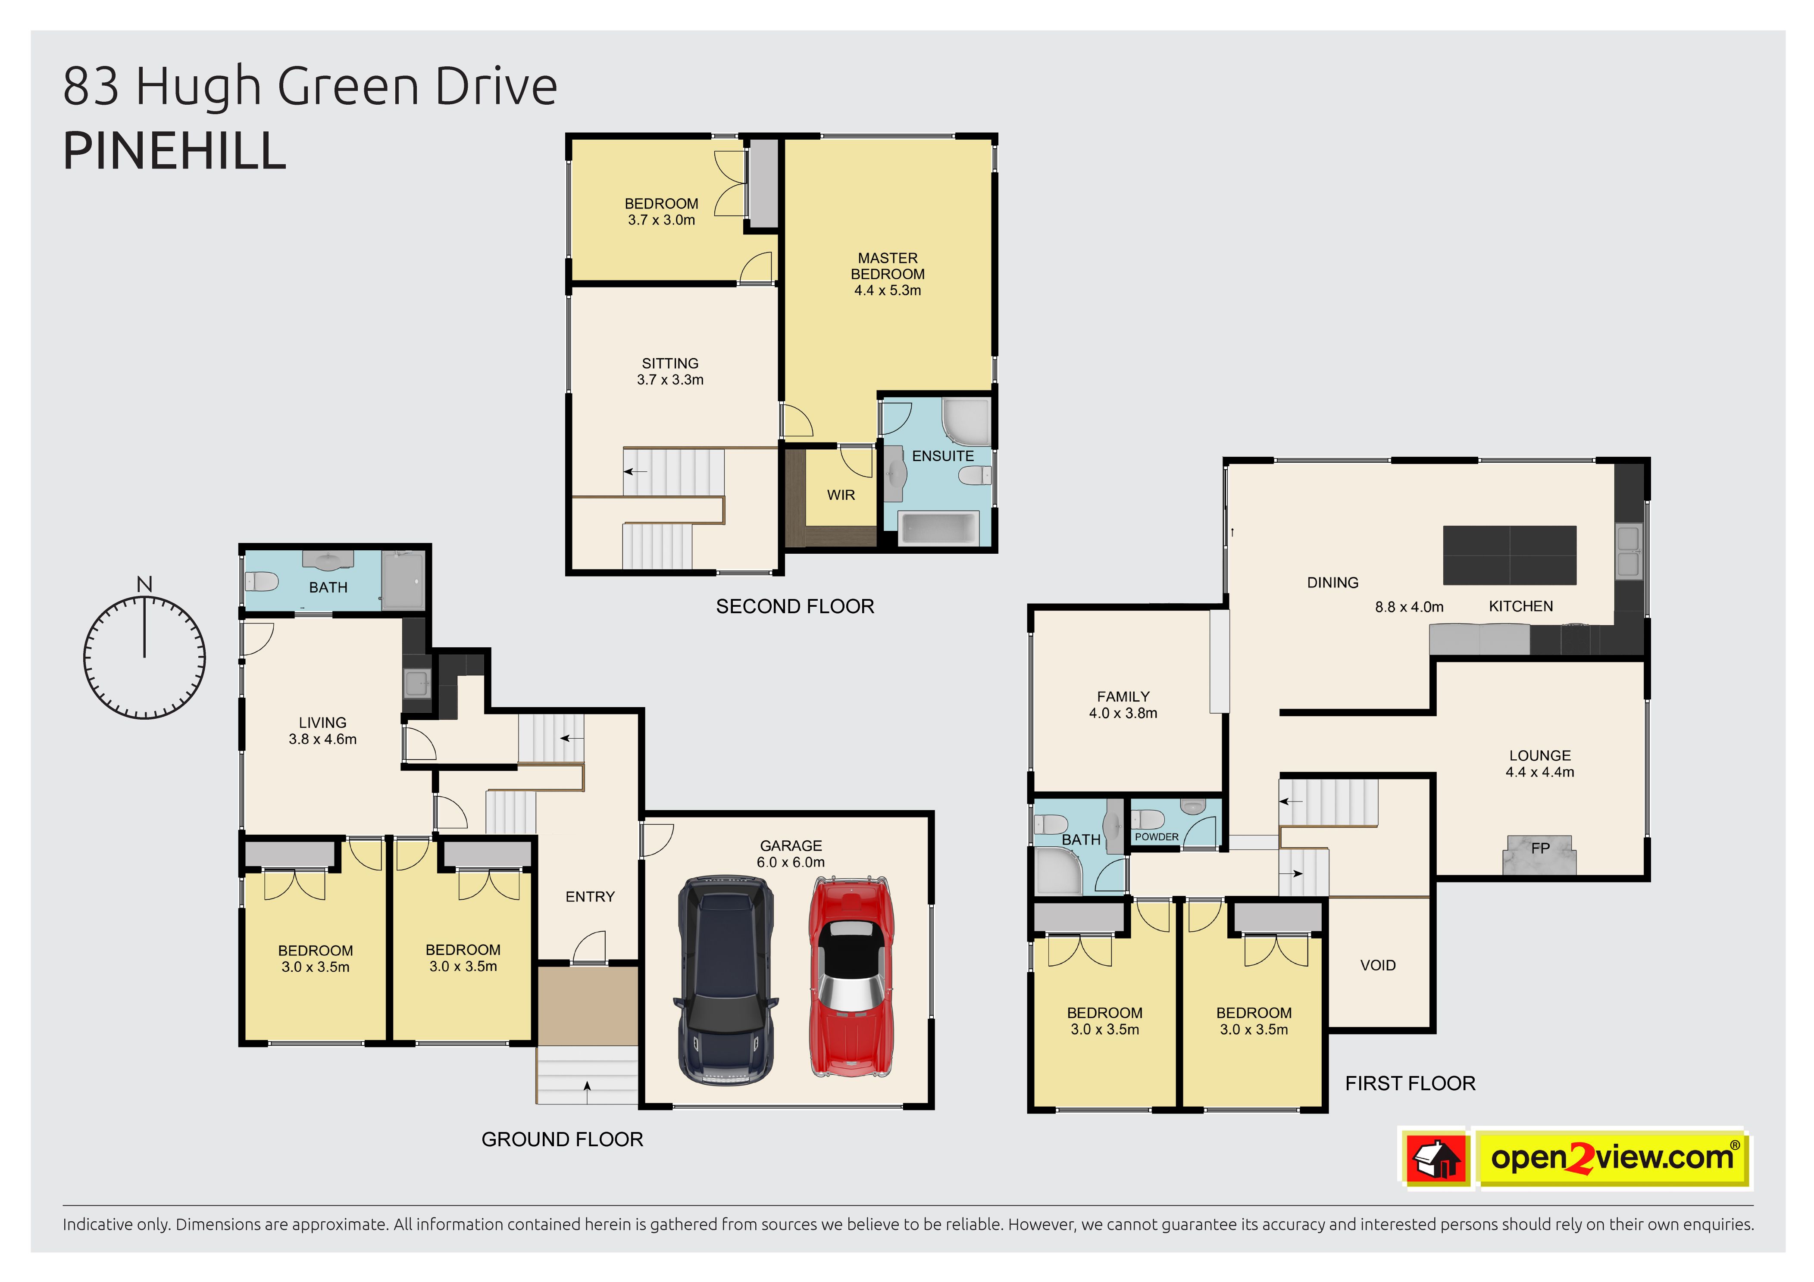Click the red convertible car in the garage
coord(851,977)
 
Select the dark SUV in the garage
coord(725,979)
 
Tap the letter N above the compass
coord(144,584)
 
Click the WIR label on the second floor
coord(841,495)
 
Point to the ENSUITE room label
coord(942,456)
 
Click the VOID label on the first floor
coord(1378,965)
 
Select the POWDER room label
coord(1157,837)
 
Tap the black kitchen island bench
coord(1510,555)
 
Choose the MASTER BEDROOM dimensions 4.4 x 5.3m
coord(887,291)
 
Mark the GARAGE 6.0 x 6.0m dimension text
coord(791,863)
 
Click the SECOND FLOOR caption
coord(795,607)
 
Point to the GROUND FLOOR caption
coord(563,1140)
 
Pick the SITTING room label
coord(670,364)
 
